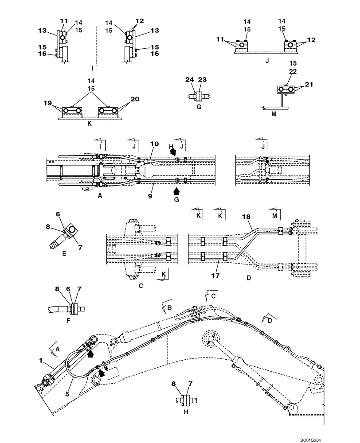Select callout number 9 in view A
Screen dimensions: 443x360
pos(150,195)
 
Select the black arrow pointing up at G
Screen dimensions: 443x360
pos(176,191)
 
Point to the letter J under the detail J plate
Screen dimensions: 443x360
pos(267,61)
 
